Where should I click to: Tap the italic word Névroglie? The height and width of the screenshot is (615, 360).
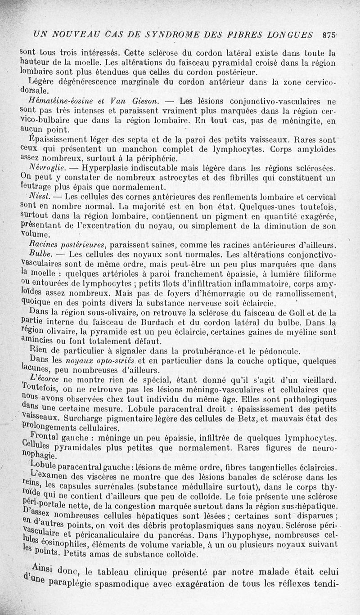pyautogui.click(x=41, y=167)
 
